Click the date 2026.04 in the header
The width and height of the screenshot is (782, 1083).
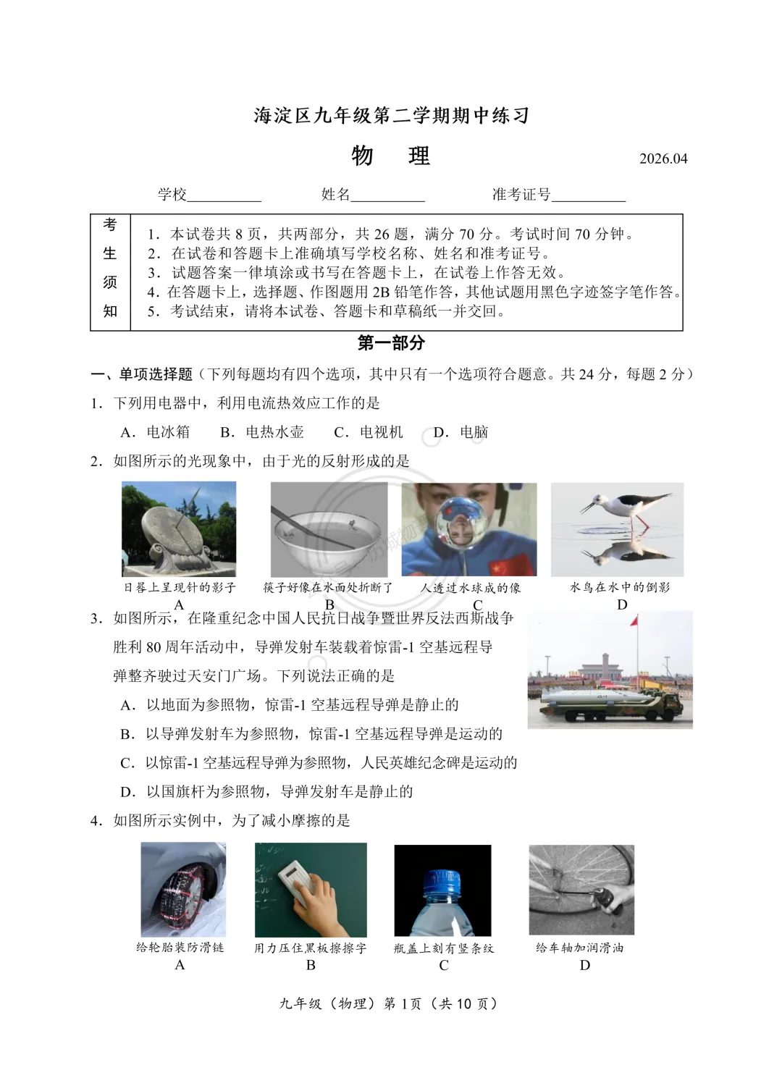[663, 159]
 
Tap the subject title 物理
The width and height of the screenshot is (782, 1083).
[390, 156]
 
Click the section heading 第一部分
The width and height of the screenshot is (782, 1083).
[391, 343]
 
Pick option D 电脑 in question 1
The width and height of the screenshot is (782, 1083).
[461, 432]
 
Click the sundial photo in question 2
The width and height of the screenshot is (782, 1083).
[178, 529]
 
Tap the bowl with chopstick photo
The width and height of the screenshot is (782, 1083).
[329, 529]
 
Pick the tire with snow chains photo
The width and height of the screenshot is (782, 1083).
[182, 890]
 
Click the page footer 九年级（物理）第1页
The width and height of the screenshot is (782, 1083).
[389, 1003]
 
